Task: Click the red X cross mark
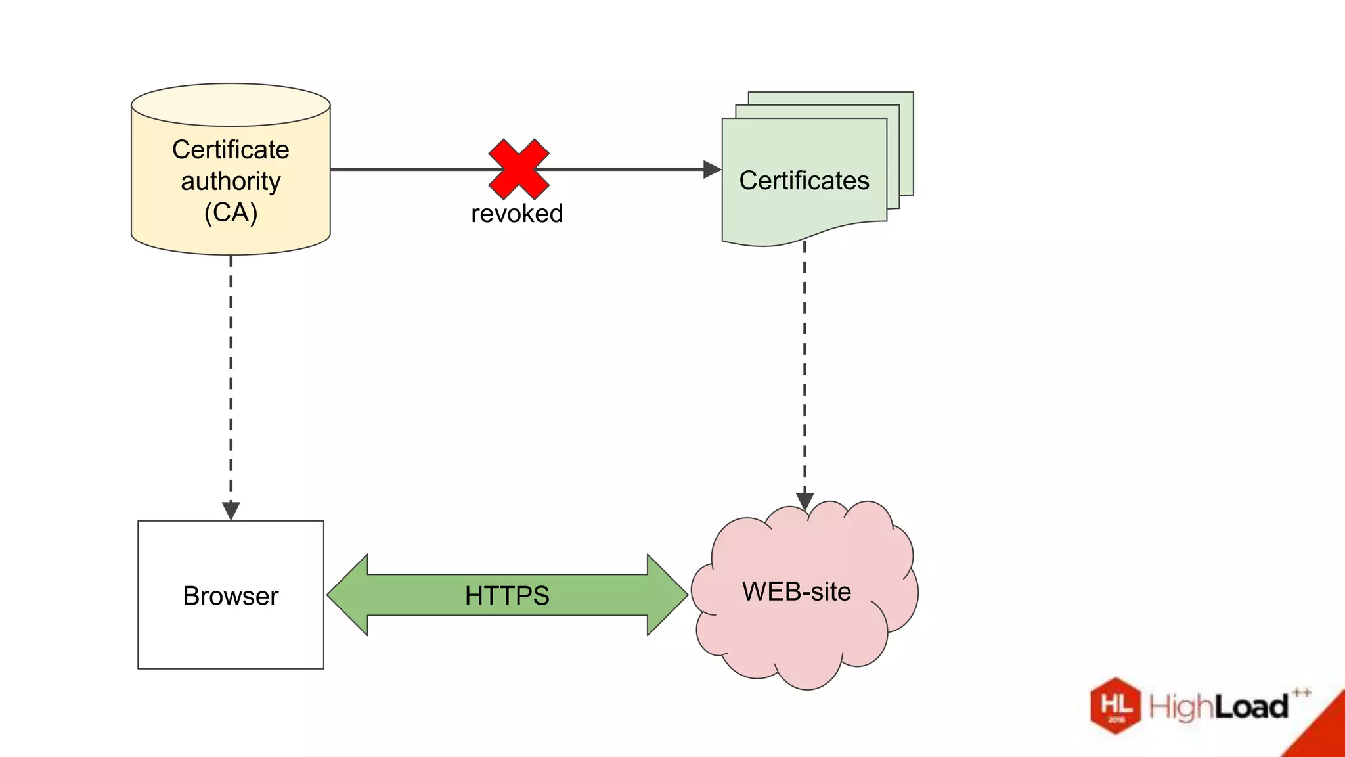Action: pos(519,169)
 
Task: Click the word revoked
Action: pos(517,214)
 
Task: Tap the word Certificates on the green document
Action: pos(804,181)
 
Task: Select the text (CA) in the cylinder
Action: pos(231,212)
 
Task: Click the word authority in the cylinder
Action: pos(231,181)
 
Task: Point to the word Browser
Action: pos(231,596)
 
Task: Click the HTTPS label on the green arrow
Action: pos(507,596)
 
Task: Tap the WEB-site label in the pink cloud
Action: pos(797,591)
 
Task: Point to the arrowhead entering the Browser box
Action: pos(231,511)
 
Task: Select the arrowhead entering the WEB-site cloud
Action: pos(805,501)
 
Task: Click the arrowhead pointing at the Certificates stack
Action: pos(712,170)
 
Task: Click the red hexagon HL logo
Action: pos(1115,706)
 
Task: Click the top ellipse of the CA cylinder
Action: pos(231,104)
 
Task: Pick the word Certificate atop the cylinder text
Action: pos(231,150)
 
